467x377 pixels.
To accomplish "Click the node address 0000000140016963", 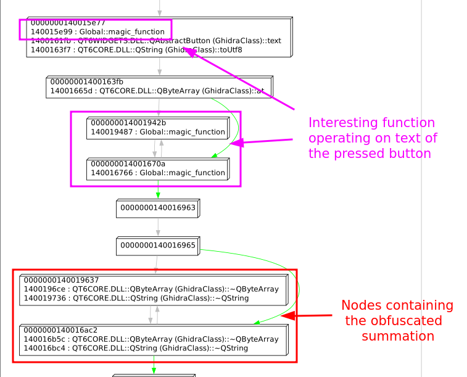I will pyautogui.click(x=157, y=208).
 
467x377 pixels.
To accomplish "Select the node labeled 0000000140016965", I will pyautogui.click(x=157, y=246).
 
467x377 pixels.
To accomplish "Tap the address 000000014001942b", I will pyautogui.click(x=128, y=122).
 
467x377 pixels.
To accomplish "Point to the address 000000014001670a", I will pyautogui.click(x=128, y=164).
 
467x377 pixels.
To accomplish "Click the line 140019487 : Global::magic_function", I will pyautogui.click(x=158, y=131).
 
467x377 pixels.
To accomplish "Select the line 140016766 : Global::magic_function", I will pyautogui.click(x=158, y=173).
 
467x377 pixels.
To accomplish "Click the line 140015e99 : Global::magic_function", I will pyautogui.click(x=97, y=31).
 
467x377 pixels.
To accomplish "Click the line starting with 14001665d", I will pyautogui.click(x=158, y=91).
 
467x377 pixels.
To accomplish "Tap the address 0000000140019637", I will pyautogui.click(x=61, y=280).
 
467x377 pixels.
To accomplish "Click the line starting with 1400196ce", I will pyautogui.click(x=151, y=289).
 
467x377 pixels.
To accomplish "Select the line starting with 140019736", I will pyautogui.click(x=136, y=298).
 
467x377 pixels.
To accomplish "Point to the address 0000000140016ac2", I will pyautogui.click(x=60, y=330).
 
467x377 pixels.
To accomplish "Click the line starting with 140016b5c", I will pyautogui.click(x=151, y=339).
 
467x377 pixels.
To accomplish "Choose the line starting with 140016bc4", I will pyautogui.click(x=136, y=348).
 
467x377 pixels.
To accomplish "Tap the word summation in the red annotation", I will pyautogui.click(x=398, y=336).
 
